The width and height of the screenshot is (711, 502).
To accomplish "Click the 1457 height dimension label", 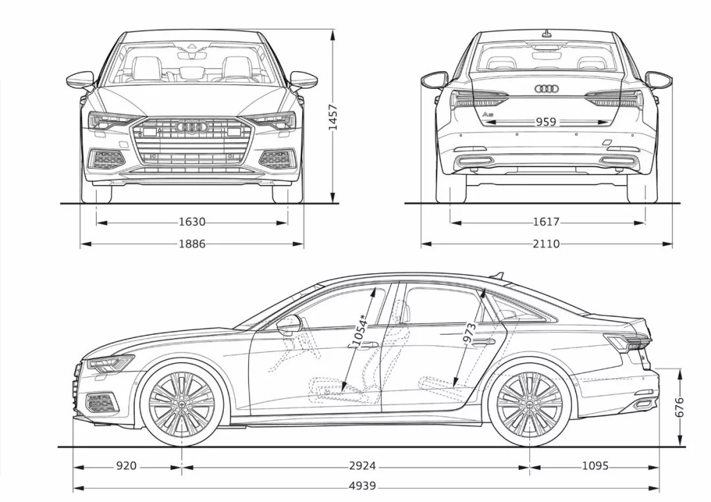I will click(x=332, y=116).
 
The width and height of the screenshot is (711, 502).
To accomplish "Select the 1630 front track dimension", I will click(x=192, y=222).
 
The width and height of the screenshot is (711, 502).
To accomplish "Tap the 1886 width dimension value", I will click(x=192, y=244).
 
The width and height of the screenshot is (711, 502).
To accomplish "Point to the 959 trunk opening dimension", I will click(x=546, y=122).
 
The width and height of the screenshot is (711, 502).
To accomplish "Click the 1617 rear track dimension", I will click(x=546, y=222).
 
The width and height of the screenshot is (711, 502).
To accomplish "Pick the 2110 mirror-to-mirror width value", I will click(x=546, y=244).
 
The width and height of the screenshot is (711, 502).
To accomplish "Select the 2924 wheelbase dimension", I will click(x=362, y=466).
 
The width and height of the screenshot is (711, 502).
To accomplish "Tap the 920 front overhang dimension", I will click(x=126, y=466).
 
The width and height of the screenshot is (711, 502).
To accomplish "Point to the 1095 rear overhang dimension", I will click(x=594, y=466).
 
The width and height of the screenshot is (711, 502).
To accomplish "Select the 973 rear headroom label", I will click(x=469, y=334).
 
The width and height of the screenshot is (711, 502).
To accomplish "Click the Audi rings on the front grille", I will click(x=192, y=126).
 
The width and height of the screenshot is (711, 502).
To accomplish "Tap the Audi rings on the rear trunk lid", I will click(x=546, y=89).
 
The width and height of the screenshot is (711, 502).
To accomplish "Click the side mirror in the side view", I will click(x=289, y=324).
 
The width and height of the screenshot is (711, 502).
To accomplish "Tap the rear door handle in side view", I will click(x=484, y=342).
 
